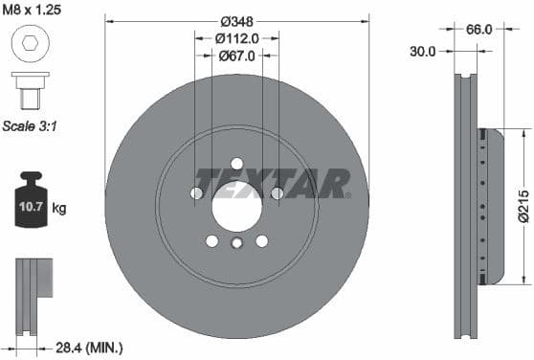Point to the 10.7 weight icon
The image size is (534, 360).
click(x=31, y=202)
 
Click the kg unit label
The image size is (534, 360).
click(x=58, y=208)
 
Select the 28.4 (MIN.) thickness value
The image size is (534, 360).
click(x=89, y=348)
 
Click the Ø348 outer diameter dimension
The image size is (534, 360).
click(x=236, y=22)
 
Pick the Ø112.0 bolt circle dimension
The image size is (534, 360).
click(x=236, y=39)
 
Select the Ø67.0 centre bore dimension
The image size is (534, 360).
click(x=236, y=56)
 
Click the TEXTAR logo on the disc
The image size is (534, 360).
click(x=273, y=181)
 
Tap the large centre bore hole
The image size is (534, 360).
click(x=236, y=205)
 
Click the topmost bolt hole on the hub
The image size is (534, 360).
click(x=236, y=163)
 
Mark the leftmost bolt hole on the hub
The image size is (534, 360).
click(x=196, y=193)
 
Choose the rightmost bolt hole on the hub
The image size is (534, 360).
click(x=277, y=193)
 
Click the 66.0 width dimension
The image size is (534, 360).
click(x=478, y=29)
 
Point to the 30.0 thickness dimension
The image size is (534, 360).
click(x=422, y=52)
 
